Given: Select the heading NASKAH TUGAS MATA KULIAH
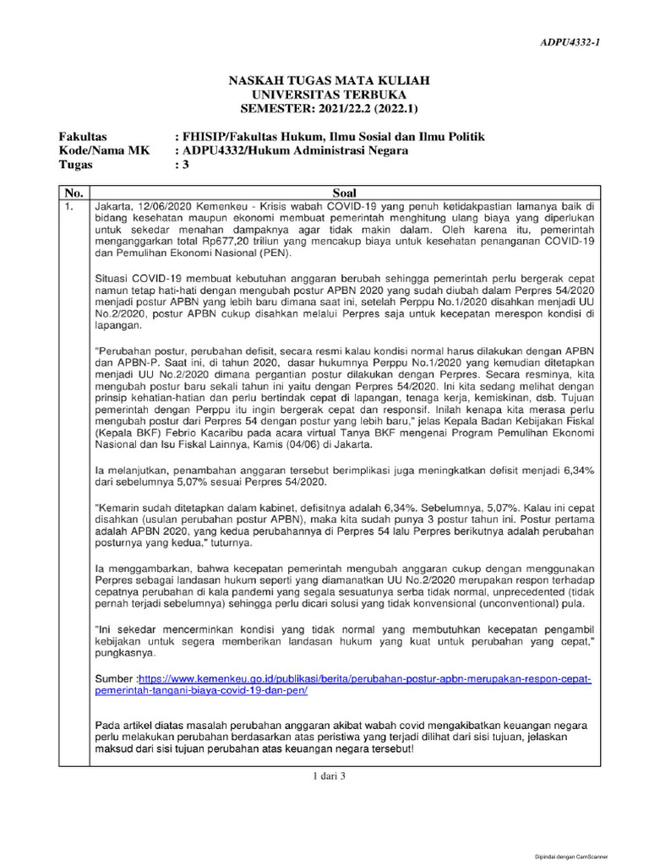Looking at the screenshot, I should point(330,80).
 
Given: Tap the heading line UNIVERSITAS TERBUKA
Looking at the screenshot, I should point(330,95).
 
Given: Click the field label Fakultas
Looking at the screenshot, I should point(83,137).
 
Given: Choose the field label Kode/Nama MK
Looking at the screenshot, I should point(97,151).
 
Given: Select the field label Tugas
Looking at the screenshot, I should point(76,166).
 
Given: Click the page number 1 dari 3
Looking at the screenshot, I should point(330,777).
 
